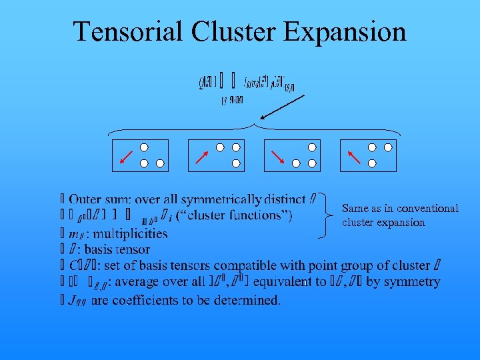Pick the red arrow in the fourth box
click(354, 157)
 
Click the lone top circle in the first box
click(144, 147)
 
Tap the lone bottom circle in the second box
click(236, 163)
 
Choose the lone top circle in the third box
click(312, 147)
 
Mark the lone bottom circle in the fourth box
click(372, 163)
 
